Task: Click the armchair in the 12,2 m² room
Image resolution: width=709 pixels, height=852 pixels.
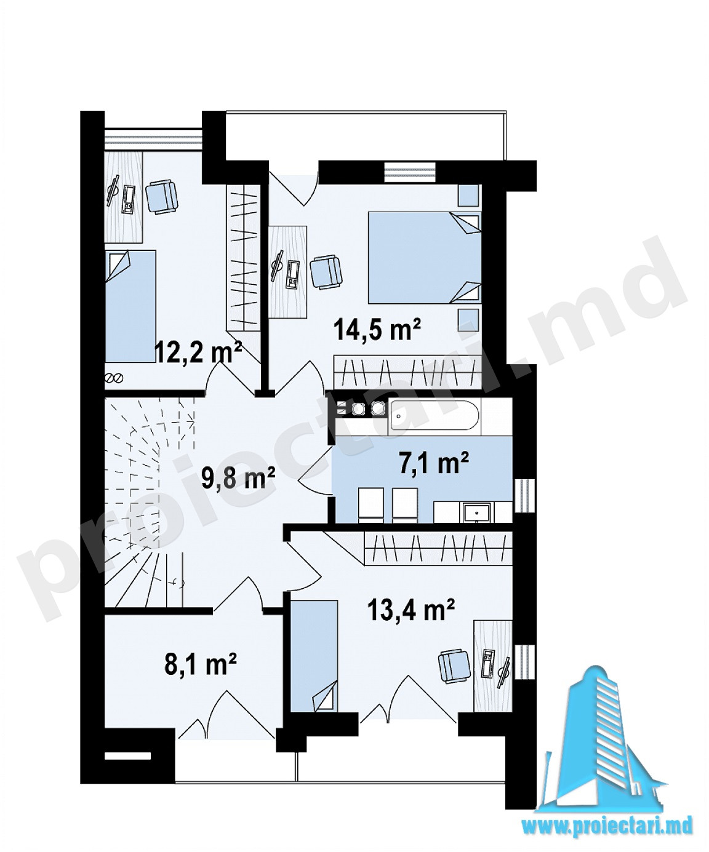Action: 162,196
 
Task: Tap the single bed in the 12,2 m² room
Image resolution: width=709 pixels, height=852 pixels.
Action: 130,306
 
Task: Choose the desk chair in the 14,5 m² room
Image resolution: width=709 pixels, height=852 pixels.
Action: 326,272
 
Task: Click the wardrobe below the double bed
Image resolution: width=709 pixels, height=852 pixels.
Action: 407,372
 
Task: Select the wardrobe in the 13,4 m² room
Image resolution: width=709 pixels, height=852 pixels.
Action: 438,548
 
